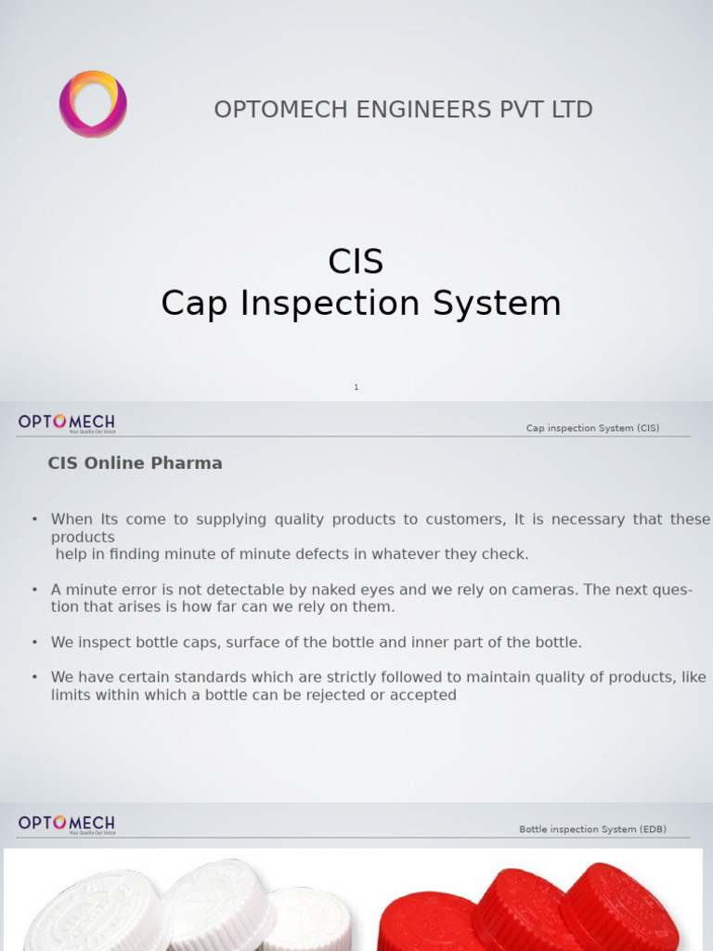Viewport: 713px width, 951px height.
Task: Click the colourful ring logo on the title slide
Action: point(93,104)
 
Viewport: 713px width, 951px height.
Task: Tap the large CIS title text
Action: point(356,262)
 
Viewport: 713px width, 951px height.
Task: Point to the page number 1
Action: point(356,387)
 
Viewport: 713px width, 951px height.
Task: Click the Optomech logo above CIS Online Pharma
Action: point(67,423)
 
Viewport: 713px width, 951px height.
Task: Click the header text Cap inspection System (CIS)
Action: point(592,428)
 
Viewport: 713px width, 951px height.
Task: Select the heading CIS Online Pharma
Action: point(136,462)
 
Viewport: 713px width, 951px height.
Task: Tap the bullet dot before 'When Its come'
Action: point(34,519)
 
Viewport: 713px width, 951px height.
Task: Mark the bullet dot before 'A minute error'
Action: point(34,590)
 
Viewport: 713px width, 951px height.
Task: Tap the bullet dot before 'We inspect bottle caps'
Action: point(34,642)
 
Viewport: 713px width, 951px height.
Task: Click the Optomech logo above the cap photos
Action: point(67,825)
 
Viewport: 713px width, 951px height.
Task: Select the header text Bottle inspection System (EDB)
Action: point(592,829)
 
